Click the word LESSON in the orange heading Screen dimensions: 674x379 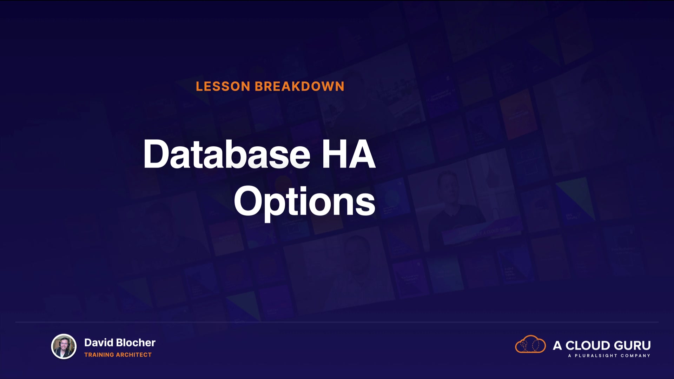pos(223,86)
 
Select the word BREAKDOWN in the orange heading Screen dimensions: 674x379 pos(299,86)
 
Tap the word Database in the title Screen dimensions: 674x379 pos(227,154)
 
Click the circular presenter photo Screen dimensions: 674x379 pos(64,346)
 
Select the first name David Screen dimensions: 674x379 pos(99,343)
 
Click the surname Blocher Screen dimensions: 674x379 pos(136,343)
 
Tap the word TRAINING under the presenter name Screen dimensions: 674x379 pos(99,355)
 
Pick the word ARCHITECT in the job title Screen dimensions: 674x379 pos(134,355)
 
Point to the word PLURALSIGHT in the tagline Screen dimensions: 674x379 pos(596,356)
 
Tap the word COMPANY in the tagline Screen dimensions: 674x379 pos(635,356)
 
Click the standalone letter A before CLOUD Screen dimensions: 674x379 pos(557,346)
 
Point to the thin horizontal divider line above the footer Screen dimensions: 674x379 pos(337,322)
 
